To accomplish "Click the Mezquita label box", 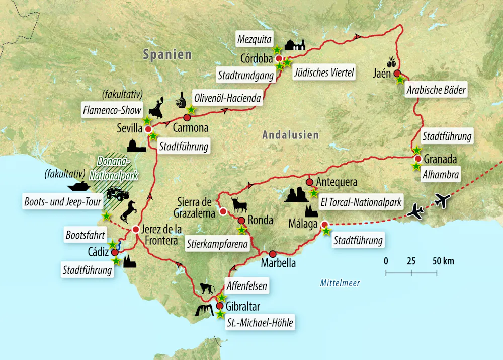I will pyautogui.click(x=255, y=38).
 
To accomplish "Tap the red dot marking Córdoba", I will pyautogui.click(x=279, y=58).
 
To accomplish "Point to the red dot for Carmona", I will pyautogui.click(x=187, y=118).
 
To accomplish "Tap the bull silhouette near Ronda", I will pyautogui.click(x=239, y=205).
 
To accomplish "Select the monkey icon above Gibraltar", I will pyautogui.click(x=207, y=289).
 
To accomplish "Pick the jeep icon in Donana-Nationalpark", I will pyautogui.click(x=118, y=194).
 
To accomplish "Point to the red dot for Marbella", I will pyautogui.click(x=273, y=254).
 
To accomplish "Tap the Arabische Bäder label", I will pyautogui.click(x=435, y=91).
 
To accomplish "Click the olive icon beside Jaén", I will pyautogui.click(x=391, y=61).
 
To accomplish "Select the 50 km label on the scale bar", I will pyautogui.click(x=443, y=261).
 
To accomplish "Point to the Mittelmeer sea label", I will pyautogui.click(x=340, y=283).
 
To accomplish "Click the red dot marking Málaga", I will pyautogui.click(x=324, y=225).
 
